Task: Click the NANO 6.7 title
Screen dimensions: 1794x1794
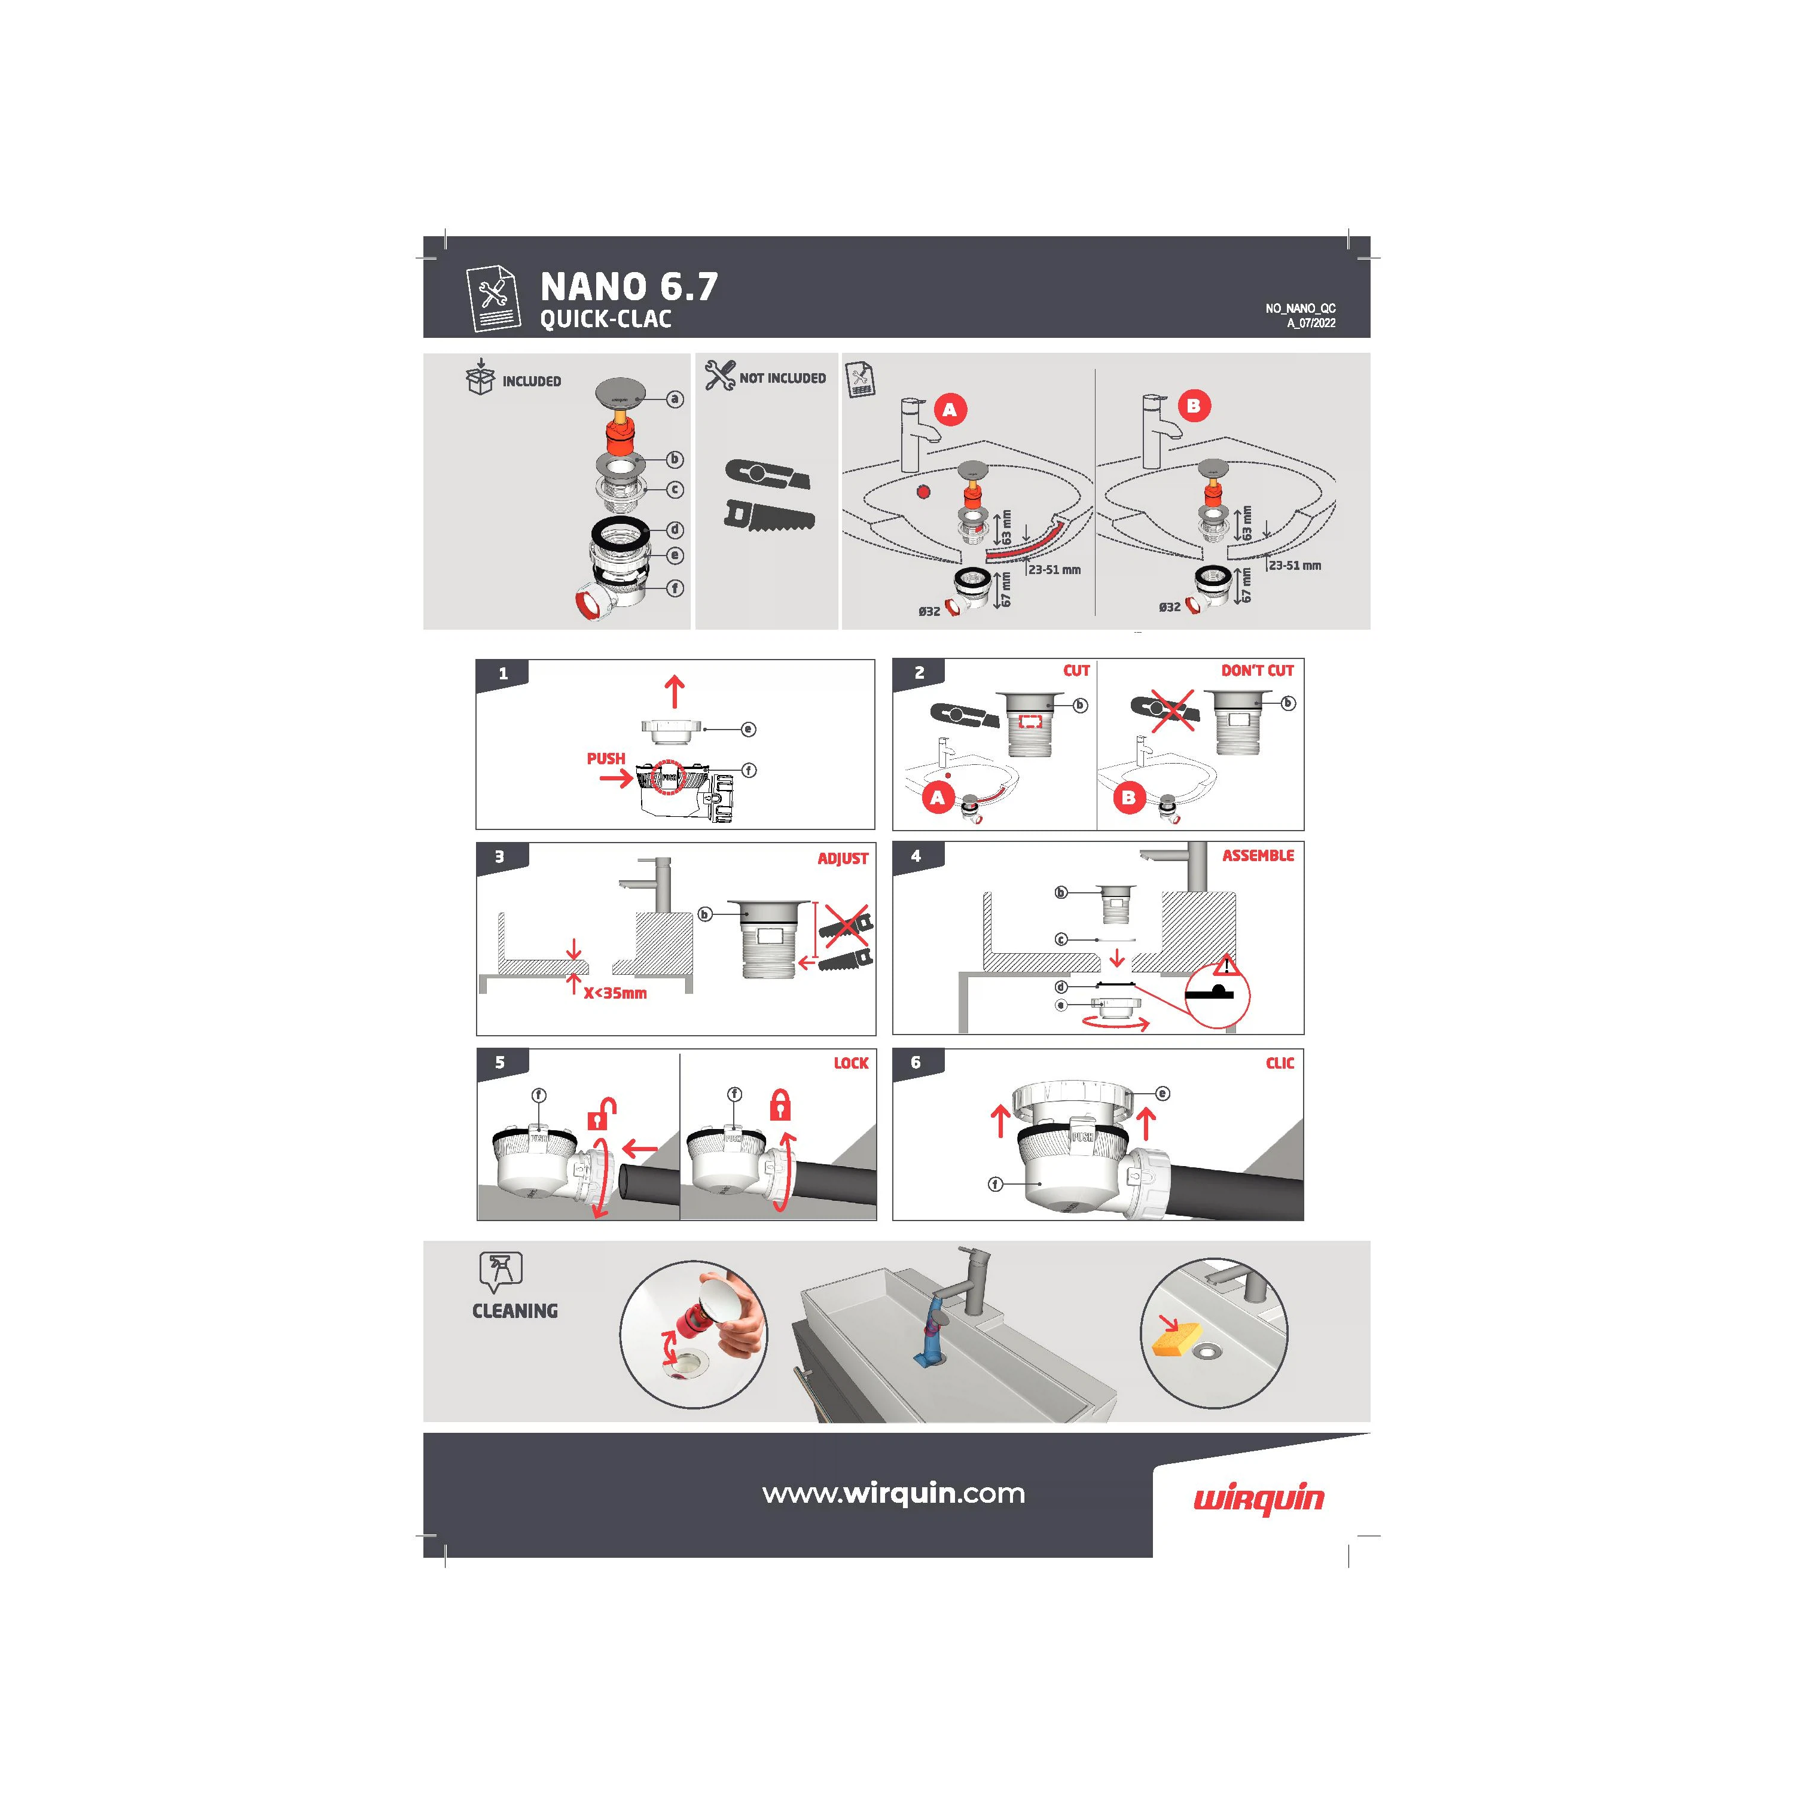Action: [628, 287]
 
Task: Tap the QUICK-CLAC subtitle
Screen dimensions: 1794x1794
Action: [605, 319]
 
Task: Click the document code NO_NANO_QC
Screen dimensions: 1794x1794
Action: [1300, 309]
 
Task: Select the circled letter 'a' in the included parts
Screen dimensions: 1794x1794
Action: [675, 399]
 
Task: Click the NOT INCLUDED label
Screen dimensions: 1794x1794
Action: [782, 378]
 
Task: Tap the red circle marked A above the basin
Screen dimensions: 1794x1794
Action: [949, 410]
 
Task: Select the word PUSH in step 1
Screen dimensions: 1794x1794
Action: [605, 759]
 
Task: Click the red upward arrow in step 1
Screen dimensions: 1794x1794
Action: [675, 692]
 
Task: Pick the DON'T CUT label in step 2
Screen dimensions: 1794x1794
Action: [1257, 670]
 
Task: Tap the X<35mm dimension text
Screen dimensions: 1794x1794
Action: [615, 993]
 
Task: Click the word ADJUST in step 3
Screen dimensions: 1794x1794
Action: [842, 859]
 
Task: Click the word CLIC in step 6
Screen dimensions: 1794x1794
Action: [1280, 1063]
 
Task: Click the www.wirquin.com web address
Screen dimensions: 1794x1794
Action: [893, 1493]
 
